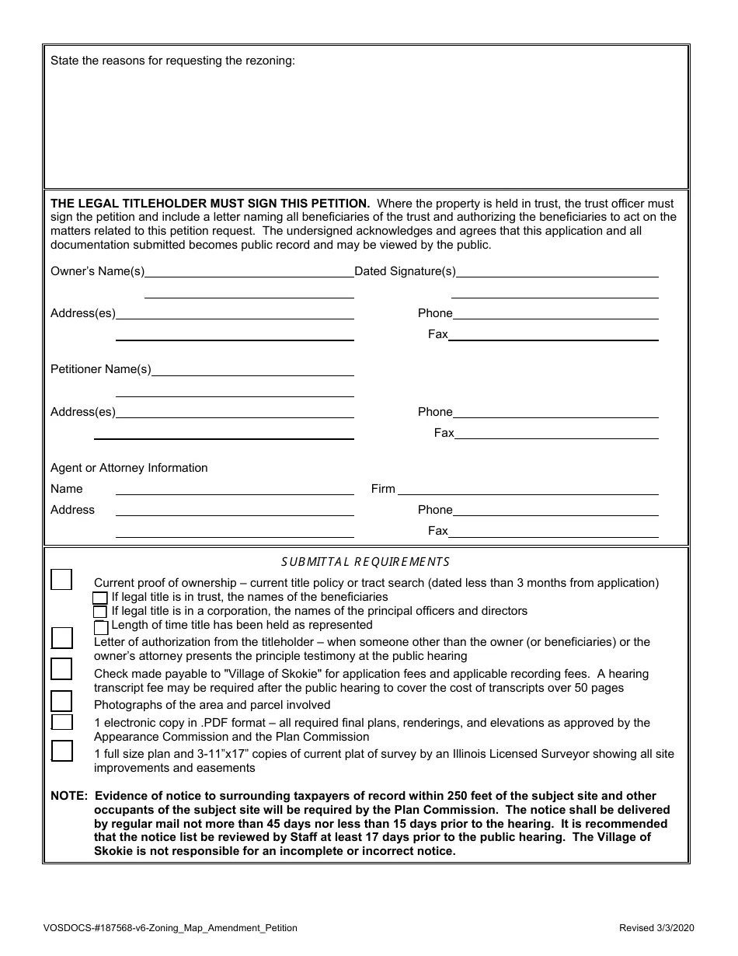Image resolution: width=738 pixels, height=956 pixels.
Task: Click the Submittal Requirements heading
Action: pyautogui.click(x=365, y=562)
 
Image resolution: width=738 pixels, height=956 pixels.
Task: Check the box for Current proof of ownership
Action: pyautogui.click(x=61, y=580)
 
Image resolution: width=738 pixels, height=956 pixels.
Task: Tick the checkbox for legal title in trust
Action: pyautogui.click(x=100, y=598)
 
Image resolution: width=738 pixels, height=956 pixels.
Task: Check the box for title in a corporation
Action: pyautogui.click(x=100, y=612)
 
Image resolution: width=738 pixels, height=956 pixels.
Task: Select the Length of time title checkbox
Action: pyautogui.click(x=100, y=626)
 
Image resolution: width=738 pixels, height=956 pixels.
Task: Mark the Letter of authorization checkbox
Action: pyautogui.click(x=61, y=638)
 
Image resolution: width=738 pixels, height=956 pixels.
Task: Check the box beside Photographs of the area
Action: pyautogui.click(x=61, y=701)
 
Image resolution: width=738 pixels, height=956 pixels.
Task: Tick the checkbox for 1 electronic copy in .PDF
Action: pyautogui.click(x=61, y=722)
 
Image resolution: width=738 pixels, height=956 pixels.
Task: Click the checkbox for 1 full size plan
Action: pyautogui.click(x=61, y=751)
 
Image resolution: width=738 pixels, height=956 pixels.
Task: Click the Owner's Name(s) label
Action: pyautogui.click(x=97, y=271)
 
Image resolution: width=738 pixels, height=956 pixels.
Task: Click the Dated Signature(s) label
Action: pyautogui.click(x=405, y=271)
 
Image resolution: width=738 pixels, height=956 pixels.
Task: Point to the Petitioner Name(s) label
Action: pyautogui.click(x=101, y=369)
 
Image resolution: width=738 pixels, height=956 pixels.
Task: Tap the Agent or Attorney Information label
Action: pyautogui.click(x=129, y=468)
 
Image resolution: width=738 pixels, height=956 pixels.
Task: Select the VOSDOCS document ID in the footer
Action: pyautogui.click(x=170, y=928)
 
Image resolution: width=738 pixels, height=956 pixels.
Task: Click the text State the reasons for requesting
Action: pyautogui.click(x=172, y=61)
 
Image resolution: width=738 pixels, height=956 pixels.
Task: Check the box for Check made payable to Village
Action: pyautogui.click(x=61, y=669)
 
